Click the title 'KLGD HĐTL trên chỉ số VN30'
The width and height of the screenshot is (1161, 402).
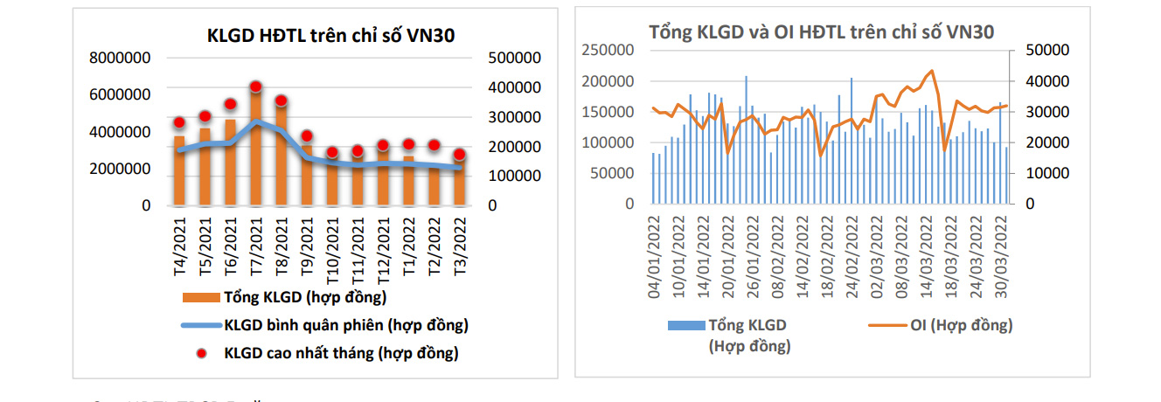click(x=330, y=35)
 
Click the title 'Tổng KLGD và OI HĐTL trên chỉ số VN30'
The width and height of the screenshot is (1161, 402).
click(x=821, y=31)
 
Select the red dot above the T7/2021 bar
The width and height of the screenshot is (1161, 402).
click(x=255, y=87)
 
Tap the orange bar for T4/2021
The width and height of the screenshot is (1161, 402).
click(x=179, y=170)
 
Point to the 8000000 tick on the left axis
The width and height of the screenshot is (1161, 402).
click(x=120, y=58)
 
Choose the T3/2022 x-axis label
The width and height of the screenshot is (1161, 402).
click(x=458, y=246)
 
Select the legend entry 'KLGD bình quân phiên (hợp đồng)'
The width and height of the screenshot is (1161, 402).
click(x=345, y=325)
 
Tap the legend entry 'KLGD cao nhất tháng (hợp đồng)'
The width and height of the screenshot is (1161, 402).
click(x=340, y=353)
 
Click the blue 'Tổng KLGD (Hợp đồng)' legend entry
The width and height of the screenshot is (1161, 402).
click(x=747, y=335)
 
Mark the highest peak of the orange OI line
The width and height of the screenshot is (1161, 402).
click(x=931, y=71)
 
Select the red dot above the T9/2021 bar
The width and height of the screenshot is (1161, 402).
click(x=306, y=136)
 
